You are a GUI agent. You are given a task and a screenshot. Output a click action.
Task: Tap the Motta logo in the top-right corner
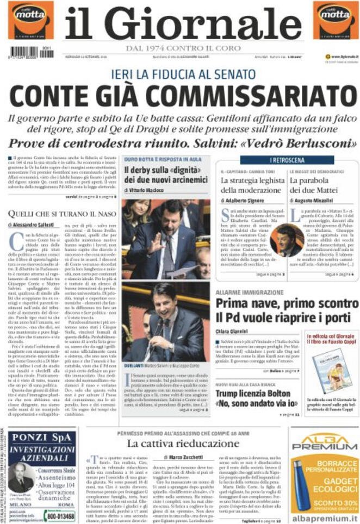tap(335, 20)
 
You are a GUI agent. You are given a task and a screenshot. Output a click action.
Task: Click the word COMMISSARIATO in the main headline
tap(245, 96)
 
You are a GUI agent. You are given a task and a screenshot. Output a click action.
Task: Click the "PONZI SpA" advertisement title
tap(38, 438)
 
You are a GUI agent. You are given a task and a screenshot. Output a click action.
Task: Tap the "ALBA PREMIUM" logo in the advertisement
tap(325, 444)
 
